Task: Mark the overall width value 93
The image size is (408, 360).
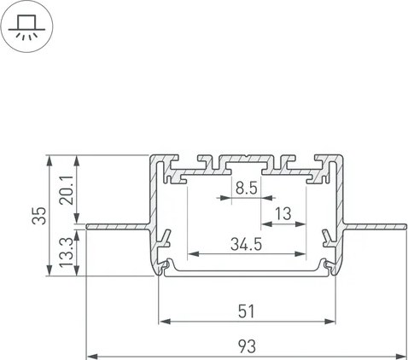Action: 247,345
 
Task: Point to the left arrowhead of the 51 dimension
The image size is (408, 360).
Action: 164,322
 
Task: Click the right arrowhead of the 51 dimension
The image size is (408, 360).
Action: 329,322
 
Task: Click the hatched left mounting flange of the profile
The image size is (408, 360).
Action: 119,227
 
